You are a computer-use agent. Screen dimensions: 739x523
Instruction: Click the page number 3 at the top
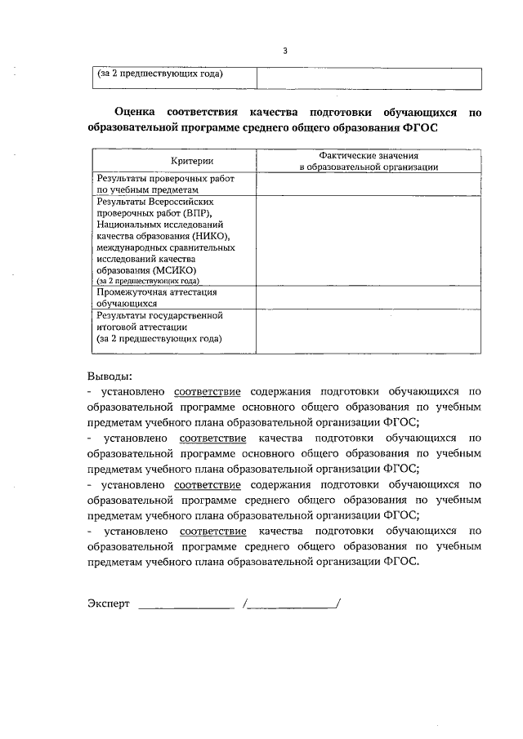[x=285, y=51]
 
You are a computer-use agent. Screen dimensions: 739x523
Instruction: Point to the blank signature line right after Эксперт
[x=186, y=605]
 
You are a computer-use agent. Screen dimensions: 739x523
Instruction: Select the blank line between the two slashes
[x=292, y=605]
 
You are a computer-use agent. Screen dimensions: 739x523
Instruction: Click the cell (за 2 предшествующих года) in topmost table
[x=160, y=74]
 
